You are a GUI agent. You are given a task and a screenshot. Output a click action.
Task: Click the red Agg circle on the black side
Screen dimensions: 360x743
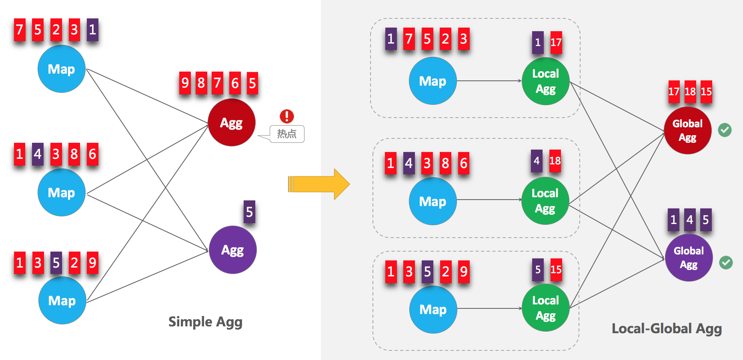232,122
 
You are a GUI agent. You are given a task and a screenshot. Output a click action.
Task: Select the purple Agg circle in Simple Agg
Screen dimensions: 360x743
232,250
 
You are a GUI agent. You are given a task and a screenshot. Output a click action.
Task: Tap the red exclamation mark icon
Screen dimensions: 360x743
287,116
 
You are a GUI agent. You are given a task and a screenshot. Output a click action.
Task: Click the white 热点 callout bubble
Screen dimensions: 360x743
287,134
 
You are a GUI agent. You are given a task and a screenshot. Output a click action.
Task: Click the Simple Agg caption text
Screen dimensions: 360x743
205,322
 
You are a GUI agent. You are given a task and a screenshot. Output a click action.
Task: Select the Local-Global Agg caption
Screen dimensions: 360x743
667,328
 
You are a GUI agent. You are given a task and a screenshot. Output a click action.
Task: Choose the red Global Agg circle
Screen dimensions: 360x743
687,130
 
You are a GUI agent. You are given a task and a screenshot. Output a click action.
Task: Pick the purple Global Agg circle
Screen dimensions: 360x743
689,258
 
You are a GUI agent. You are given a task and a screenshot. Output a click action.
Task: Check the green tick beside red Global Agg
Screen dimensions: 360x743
725,130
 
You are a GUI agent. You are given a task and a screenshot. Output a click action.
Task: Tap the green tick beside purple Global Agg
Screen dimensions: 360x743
726,263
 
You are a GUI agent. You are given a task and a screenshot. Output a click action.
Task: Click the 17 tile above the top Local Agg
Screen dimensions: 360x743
556,42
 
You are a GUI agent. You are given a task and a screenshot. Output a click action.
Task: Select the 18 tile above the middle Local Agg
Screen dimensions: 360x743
555,161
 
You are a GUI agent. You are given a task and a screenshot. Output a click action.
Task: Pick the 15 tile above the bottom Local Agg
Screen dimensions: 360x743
556,270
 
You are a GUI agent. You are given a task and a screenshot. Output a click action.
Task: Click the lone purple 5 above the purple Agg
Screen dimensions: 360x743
249,212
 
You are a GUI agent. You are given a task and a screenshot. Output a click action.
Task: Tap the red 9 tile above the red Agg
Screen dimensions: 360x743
185,83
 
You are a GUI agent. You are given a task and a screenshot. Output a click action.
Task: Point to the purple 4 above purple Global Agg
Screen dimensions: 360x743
689,220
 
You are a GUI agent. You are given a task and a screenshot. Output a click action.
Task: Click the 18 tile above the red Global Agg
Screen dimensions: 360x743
690,92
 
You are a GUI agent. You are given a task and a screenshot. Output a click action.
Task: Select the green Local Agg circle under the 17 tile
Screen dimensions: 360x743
546,81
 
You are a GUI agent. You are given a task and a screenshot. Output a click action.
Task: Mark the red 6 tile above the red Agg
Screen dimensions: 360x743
235,83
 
